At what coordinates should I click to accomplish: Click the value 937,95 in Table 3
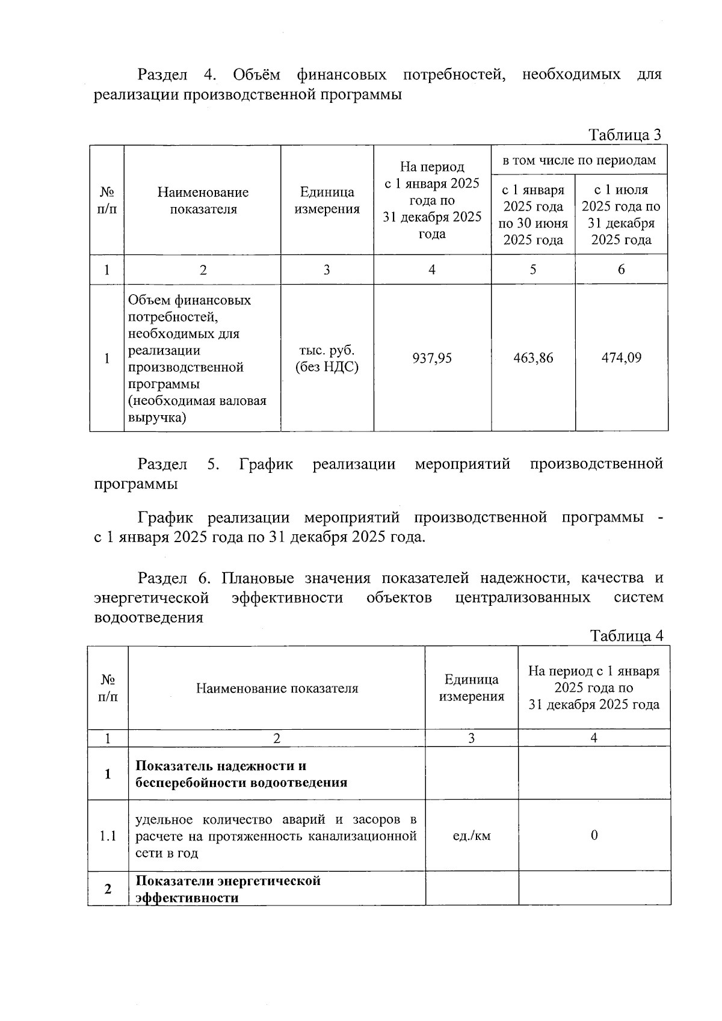(x=432, y=359)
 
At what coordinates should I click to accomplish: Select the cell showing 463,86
(x=533, y=359)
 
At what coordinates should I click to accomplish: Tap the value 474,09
(x=622, y=359)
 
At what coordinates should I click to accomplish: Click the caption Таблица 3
(x=625, y=135)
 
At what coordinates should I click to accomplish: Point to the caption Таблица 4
(x=626, y=636)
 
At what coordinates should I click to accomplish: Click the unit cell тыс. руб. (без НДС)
(x=327, y=359)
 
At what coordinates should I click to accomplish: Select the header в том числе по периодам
(x=579, y=160)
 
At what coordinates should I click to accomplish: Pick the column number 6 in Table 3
(x=622, y=270)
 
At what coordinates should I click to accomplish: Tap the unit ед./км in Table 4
(x=471, y=836)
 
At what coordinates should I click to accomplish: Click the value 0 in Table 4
(x=594, y=836)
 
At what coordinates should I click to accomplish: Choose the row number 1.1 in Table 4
(x=108, y=836)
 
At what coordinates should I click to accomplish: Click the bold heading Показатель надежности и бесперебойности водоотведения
(x=241, y=774)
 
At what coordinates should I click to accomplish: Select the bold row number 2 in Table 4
(x=108, y=889)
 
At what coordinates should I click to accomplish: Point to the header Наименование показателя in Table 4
(x=277, y=688)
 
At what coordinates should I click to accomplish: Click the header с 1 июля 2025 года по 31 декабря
(x=621, y=215)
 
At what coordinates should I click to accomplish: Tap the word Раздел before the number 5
(x=162, y=464)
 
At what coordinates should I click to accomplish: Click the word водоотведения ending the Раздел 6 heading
(x=149, y=617)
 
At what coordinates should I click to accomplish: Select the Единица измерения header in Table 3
(x=327, y=200)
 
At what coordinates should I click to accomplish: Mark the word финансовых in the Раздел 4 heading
(x=341, y=75)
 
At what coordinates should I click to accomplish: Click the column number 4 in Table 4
(x=594, y=738)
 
